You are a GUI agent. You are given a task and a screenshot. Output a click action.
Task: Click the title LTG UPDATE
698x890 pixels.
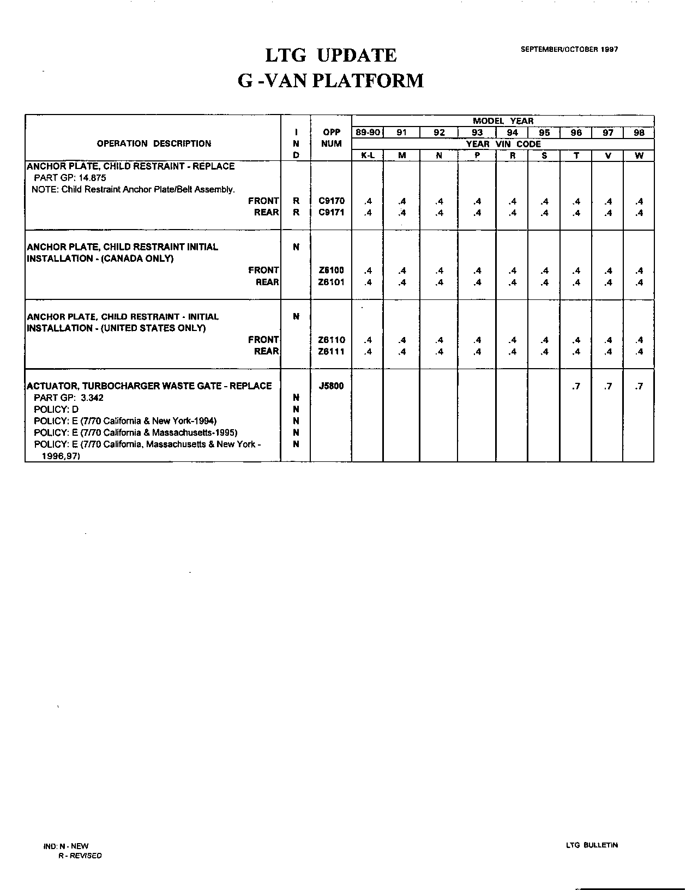[x=330, y=56]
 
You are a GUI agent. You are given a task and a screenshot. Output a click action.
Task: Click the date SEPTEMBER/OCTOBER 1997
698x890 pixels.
[x=569, y=49]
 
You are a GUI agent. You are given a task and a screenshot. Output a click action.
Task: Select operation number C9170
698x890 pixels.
[x=331, y=201]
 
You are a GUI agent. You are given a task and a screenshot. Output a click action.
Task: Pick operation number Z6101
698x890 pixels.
[x=331, y=282]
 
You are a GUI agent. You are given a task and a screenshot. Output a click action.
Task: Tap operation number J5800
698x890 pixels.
[x=331, y=386]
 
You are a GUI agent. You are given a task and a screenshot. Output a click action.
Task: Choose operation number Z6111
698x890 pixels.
[x=331, y=352]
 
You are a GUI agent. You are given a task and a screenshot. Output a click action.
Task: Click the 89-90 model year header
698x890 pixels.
[x=368, y=133]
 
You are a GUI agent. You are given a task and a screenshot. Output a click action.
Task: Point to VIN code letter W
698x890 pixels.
[x=639, y=155]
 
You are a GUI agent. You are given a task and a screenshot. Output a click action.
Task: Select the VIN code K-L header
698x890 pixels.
[x=368, y=155]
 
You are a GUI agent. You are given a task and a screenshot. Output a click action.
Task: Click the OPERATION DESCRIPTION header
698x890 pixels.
[x=154, y=144]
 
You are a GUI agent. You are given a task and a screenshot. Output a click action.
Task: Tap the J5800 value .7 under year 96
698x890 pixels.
[x=576, y=387]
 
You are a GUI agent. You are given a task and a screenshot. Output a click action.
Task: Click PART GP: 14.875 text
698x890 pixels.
[x=70, y=178]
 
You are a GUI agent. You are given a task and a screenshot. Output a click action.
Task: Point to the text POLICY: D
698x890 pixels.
[x=56, y=409]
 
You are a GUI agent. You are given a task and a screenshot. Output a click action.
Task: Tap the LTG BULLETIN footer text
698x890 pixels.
[x=592, y=845]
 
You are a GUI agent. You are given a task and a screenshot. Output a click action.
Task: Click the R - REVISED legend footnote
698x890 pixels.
[x=80, y=856]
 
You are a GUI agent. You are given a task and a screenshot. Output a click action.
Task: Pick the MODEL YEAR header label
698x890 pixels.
[x=503, y=121]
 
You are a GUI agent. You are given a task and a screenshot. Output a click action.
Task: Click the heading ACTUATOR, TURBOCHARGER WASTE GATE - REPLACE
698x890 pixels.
[x=149, y=386]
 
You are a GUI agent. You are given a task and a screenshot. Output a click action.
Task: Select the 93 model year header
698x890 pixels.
[x=477, y=133]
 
